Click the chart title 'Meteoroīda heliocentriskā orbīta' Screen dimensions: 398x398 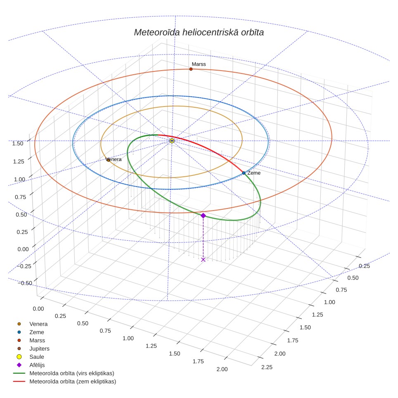click(199, 32)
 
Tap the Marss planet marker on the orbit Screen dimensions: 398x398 click(191, 69)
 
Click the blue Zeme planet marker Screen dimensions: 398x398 click(244, 173)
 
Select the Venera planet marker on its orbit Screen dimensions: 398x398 click(109, 160)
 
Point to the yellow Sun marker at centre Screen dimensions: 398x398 click(172, 141)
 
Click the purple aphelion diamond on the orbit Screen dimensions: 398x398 click(203, 216)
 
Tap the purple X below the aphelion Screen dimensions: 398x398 click(203, 259)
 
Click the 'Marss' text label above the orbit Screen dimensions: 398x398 click(199, 64)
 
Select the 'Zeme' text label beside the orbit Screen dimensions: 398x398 click(254, 173)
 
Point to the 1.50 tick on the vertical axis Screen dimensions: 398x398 click(18, 143)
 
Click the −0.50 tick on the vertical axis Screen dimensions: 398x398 click(25, 283)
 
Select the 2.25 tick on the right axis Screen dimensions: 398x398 click(267, 367)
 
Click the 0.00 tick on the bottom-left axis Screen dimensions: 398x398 click(38, 309)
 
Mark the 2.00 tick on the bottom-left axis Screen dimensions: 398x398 click(222, 369)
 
